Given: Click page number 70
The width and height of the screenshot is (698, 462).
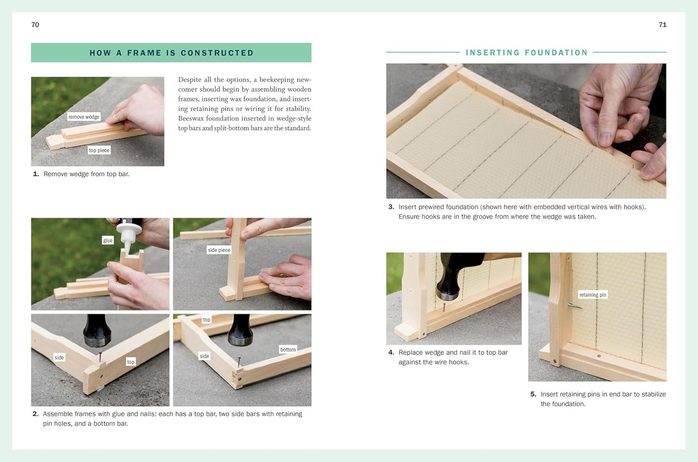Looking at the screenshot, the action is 35,25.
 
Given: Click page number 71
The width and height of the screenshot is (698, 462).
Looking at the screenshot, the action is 662,25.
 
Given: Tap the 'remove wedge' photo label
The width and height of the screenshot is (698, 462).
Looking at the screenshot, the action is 84,117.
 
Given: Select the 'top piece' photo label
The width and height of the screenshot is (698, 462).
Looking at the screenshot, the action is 99,150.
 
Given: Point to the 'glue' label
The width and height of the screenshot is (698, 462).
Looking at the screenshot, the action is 108,240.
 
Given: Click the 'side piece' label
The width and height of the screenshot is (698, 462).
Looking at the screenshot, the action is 219,250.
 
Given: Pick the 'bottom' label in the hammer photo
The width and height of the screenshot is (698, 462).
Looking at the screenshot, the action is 288,349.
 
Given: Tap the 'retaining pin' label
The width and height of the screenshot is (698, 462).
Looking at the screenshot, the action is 593,295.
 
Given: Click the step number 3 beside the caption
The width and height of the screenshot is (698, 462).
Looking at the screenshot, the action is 391,207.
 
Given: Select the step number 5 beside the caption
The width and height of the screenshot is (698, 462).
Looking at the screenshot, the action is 533,394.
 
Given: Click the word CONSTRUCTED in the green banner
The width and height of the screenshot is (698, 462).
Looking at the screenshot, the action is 217,53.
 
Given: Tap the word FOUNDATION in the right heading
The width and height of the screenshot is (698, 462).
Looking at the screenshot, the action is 556,52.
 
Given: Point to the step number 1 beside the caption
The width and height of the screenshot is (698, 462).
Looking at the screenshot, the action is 36,174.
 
